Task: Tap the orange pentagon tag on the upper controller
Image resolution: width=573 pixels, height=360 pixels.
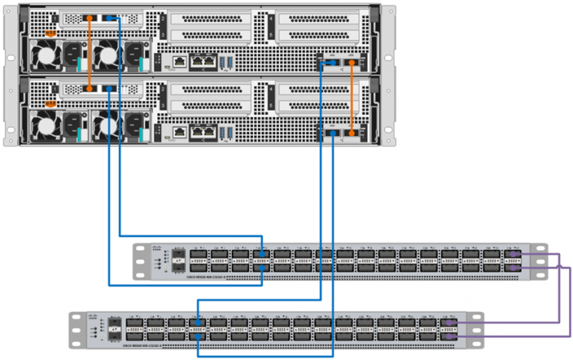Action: click(51, 34)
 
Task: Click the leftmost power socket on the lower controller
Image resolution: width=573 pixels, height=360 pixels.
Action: click(74, 124)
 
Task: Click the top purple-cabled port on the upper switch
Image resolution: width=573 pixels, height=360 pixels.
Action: click(513, 254)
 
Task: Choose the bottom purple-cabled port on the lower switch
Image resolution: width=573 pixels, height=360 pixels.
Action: click(449, 335)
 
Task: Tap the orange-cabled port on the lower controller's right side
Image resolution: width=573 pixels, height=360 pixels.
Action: click(353, 132)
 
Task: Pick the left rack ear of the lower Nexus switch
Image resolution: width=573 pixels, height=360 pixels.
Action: click(75, 331)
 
